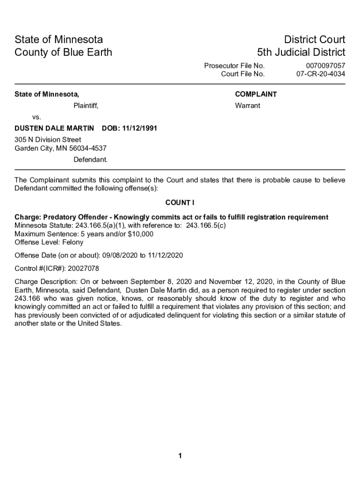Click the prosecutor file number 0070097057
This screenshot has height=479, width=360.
pyautogui.click(x=325, y=66)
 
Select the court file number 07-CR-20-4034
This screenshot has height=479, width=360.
pyautogui.click(x=321, y=74)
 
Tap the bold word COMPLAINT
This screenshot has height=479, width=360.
pyautogui.click(x=256, y=94)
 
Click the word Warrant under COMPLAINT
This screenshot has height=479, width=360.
pyautogui.click(x=247, y=106)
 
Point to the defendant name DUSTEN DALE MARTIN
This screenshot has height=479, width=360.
pyautogui.click(x=55, y=128)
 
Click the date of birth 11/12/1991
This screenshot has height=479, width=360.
pyautogui.click(x=139, y=128)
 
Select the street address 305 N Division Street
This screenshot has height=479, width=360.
pyautogui.click(x=48, y=140)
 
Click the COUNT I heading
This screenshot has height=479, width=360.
pyautogui.click(x=180, y=203)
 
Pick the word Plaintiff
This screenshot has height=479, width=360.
pyautogui.click(x=86, y=106)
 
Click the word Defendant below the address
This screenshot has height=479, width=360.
pyautogui.click(x=90, y=160)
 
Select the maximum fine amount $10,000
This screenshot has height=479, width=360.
pyautogui.click(x=140, y=234)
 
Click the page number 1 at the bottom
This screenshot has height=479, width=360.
pyautogui.click(x=180, y=457)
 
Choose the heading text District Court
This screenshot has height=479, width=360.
pyautogui.click(x=310, y=40)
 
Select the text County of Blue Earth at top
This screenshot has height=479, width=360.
pyautogui.click(x=64, y=52)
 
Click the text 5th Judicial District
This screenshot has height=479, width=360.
pyautogui.click(x=301, y=52)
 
